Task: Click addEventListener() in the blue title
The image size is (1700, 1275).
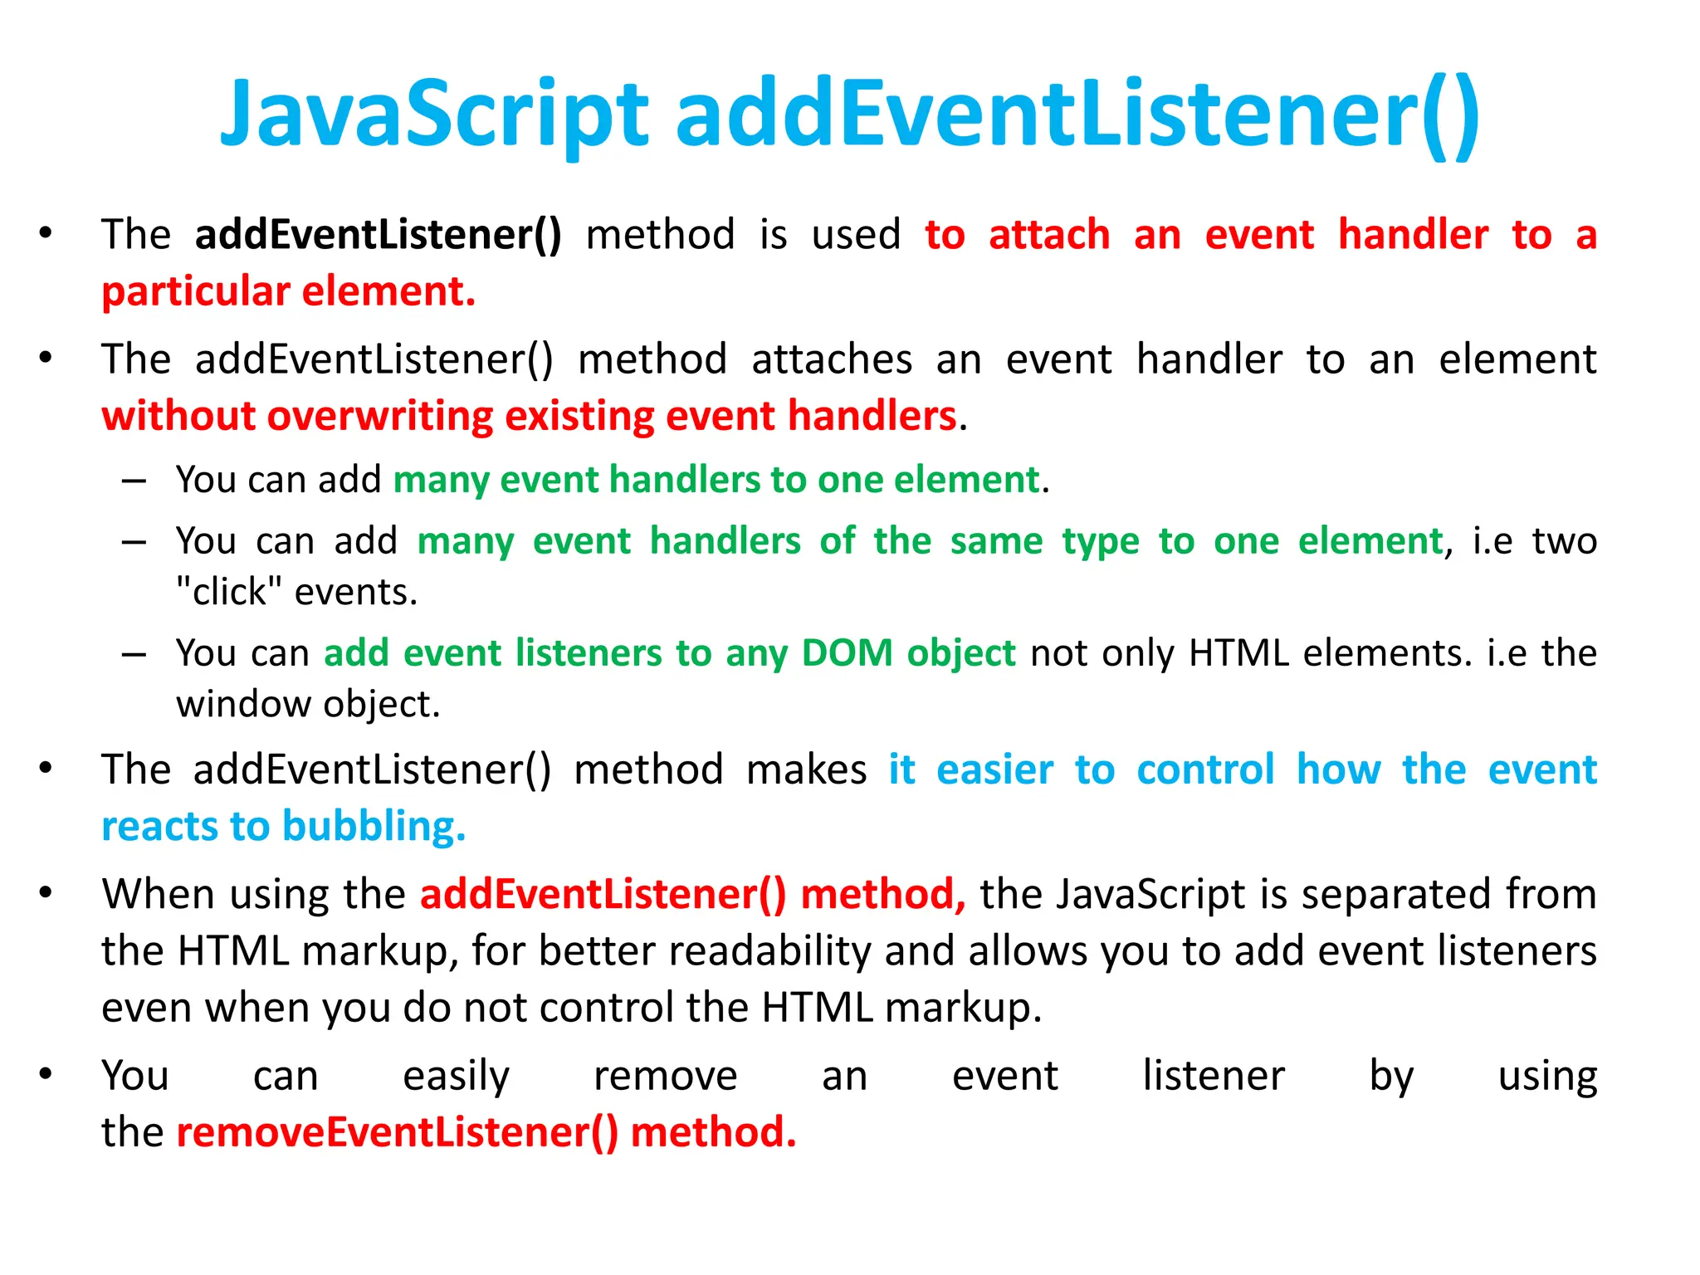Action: [1077, 114]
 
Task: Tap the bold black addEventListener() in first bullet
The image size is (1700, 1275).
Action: [378, 234]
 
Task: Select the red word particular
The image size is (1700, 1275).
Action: [196, 292]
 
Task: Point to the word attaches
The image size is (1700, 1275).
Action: [832, 359]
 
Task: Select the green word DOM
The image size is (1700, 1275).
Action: [847, 652]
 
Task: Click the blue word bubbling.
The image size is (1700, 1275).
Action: [374, 827]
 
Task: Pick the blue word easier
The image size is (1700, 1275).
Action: [994, 769]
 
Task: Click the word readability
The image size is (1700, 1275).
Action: [769, 950]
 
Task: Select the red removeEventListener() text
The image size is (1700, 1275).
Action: [398, 1132]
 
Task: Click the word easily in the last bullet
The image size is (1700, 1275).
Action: [456, 1077]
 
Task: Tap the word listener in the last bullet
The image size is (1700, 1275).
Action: [1213, 1076]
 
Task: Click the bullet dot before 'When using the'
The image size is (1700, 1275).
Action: [46, 893]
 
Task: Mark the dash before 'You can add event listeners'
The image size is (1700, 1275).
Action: [134, 654]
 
